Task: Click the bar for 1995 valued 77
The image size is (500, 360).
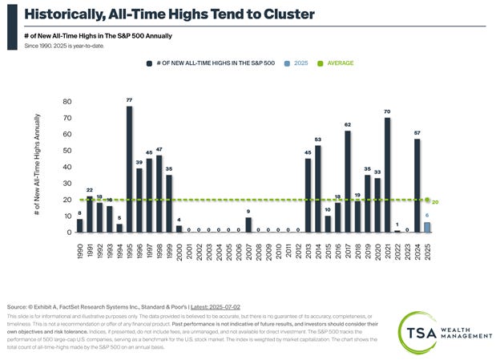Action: [129, 169]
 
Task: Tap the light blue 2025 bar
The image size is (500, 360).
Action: [427, 227]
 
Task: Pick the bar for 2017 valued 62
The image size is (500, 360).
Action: [348, 181]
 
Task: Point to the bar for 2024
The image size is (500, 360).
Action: [417, 185]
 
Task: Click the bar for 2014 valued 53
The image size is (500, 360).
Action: [318, 188]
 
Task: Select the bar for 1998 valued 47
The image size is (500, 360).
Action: [159, 193]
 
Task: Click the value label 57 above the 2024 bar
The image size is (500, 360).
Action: [417, 133]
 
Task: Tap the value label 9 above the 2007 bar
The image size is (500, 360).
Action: [248, 212]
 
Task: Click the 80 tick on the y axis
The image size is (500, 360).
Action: [67, 102]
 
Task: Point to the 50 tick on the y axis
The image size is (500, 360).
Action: [67, 151]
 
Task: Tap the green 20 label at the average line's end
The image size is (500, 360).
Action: [436, 202]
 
